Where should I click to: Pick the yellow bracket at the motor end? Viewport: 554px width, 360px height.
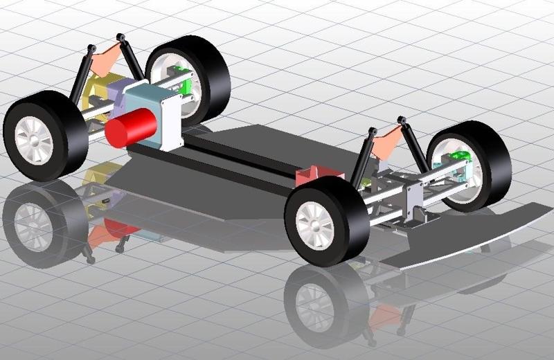(x=96, y=97)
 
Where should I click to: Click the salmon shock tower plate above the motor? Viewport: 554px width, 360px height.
(x=107, y=59)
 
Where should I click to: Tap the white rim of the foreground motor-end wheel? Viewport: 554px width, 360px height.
(x=33, y=138)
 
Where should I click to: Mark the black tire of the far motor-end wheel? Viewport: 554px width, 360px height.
(x=215, y=76)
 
